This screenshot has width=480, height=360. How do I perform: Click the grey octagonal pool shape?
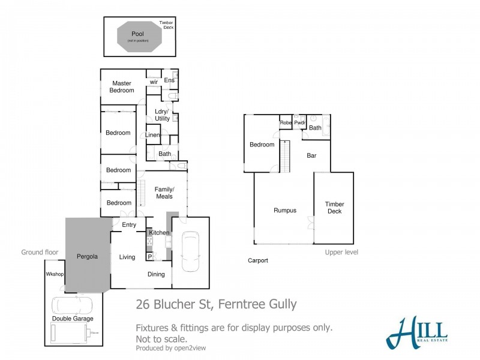pos(139,37)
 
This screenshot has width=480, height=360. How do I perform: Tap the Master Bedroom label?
pos(122,86)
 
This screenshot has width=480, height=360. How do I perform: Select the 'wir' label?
pos(154,82)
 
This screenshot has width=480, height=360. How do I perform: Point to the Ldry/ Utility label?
pos(162,115)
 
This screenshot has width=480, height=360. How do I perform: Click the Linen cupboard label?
pos(152,136)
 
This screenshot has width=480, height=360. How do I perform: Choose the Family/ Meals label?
pos(164,193)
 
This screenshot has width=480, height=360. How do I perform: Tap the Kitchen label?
pos(159,232)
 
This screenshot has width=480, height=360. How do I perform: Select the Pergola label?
pos(87,256)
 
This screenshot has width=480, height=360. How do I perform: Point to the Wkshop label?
pos(55,274)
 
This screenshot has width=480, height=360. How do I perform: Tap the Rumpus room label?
pos(285,210)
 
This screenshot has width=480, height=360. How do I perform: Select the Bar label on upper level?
pos(311,155)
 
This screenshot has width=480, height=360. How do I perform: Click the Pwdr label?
pos(300,123)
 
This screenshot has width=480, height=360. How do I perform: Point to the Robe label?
pos(286,123)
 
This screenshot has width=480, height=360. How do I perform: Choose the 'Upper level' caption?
pos(341,253)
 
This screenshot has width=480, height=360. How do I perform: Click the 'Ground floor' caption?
pos(40,253)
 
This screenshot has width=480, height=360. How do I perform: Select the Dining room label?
pos(157,274)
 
